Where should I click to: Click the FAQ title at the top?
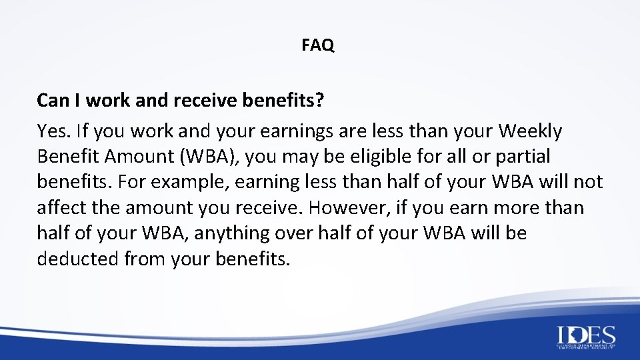pyautogui.click(x=317, y=45)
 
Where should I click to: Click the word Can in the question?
pyautogui.click(x=51, y=100)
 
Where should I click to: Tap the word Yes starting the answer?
pyautogui.click(x=51, y=131)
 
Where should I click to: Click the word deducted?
pyautogui.click(x=77, y=259)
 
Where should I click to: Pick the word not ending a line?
pyautogui.click(x=589, y=183)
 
